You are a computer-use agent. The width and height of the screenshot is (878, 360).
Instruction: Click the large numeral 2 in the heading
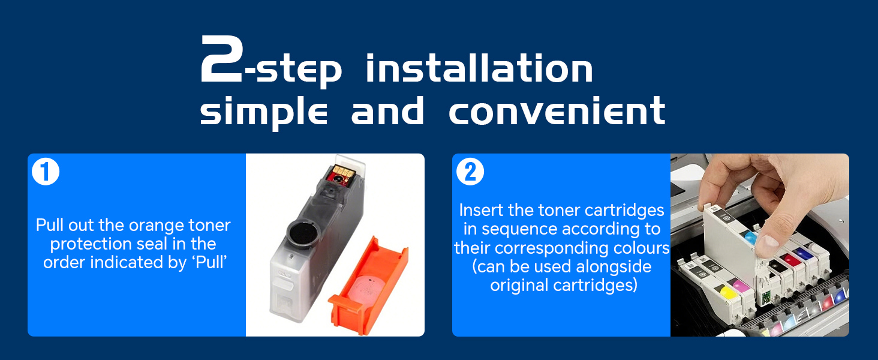pos(221,59)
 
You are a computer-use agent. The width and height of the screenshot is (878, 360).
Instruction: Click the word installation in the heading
pos(479,68)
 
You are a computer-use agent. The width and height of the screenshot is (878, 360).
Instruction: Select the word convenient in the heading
pos(557,111)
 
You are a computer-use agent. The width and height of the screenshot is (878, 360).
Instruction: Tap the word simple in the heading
pos(263,113)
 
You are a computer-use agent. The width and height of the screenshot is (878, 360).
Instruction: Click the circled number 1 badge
pos(46,172)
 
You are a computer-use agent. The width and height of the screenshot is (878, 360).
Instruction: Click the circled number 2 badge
pos(470,172)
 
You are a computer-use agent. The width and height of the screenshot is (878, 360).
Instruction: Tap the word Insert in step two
pos(482,210)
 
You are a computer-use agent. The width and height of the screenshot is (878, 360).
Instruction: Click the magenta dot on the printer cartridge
pos(740,285)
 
